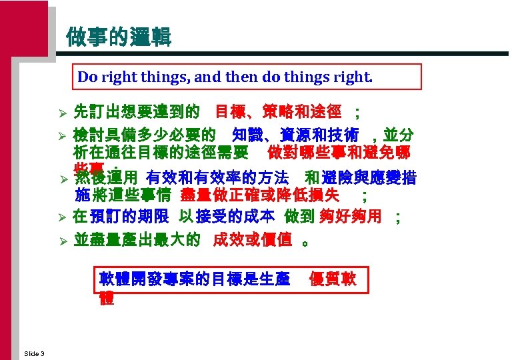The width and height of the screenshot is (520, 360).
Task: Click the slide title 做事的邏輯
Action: (119, 37)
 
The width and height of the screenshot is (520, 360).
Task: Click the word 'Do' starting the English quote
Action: (87, 77)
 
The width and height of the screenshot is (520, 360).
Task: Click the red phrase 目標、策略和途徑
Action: (279, 109)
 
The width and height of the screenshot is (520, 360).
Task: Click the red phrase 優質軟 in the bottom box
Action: (333, 279)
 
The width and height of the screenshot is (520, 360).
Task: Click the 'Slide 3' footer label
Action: (33, 353)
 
